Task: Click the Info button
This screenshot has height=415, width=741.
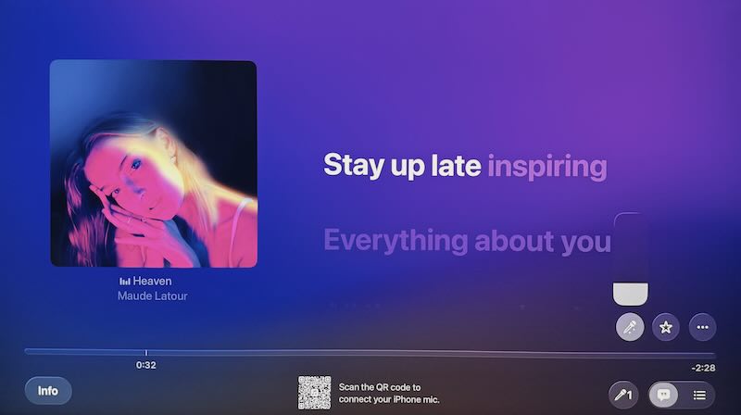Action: coord(48,390)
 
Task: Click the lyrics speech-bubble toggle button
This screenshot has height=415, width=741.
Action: coord(664,394)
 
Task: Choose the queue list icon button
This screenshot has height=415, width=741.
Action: coord(699,394)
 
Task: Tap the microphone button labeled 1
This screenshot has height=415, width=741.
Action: coord(624,394)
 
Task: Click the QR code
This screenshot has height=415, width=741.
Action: coord(314,393)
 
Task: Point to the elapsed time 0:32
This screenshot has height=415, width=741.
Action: coord(145,365)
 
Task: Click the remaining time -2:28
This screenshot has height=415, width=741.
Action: coord(703,368)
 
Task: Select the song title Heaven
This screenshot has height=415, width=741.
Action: coord(152,281)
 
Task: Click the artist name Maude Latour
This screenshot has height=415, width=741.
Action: coord(152,296)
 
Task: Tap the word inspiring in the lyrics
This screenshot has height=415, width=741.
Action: coord(546,168)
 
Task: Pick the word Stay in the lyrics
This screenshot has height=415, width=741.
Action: coord(354,168)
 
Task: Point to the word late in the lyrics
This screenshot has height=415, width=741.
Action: coord(454,168)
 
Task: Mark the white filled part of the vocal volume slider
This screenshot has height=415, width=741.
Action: coord(632,293)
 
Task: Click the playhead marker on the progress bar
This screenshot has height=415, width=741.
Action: coord(145,352)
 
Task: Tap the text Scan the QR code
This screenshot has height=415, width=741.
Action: coord(380,386)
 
